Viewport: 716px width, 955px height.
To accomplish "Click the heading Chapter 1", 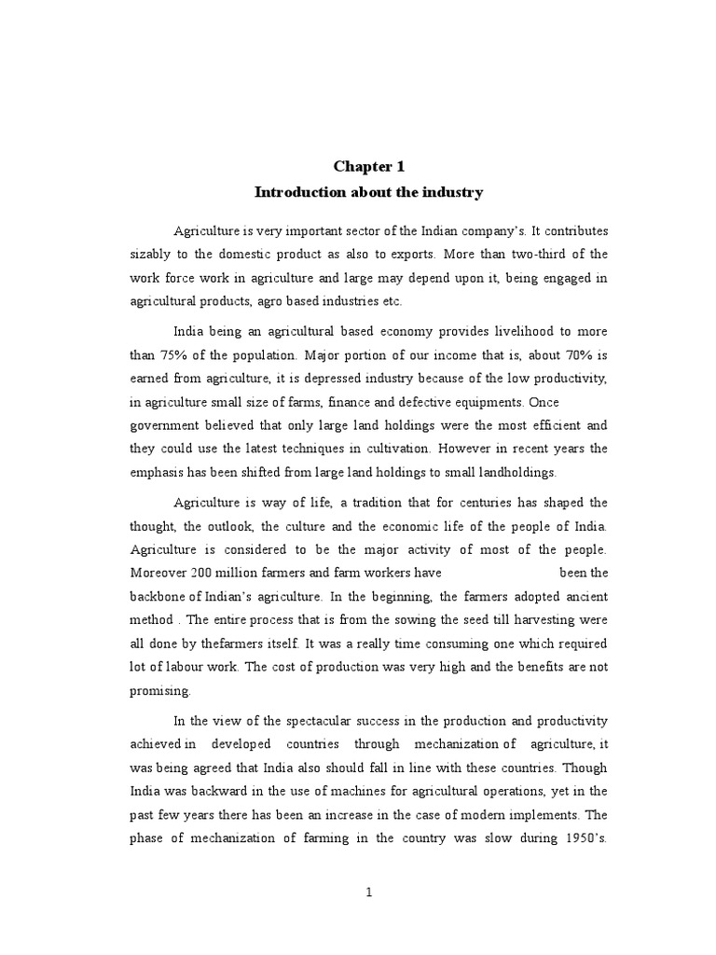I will (370, 166).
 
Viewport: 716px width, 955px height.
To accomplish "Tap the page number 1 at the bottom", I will (369, 892).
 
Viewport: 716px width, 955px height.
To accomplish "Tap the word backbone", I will (159, 596).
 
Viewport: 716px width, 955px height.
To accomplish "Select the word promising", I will (159, 691).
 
